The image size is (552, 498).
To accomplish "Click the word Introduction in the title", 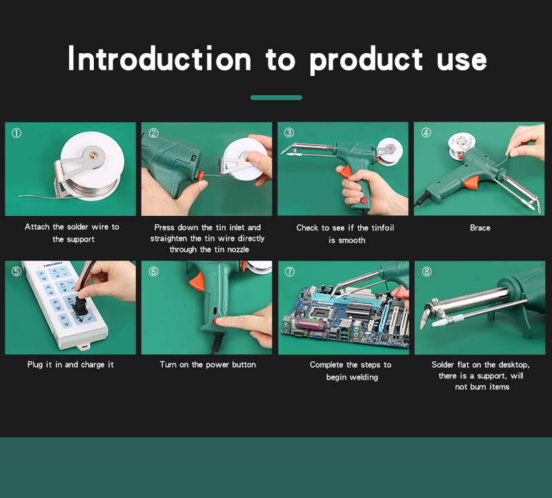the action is click(x=159, y=59).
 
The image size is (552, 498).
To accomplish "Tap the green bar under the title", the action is click(x=277, y=97).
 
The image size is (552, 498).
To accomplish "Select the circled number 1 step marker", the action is click(x=17, y=133).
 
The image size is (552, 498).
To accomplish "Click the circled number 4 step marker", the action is click(x=426, y=132).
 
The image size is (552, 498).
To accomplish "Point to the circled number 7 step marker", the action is click(x=290, y=272).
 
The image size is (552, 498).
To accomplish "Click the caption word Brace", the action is click(x=480, y=228).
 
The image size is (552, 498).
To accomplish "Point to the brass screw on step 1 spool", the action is click(x=94, y=155).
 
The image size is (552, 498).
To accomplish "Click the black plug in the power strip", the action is click(x=78, y=301).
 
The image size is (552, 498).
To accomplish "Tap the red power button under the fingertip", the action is click(x=216, y=321).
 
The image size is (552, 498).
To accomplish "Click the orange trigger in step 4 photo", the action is click(x=471, y=183).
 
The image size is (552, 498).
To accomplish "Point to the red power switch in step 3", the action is click(x=363, y=201).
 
